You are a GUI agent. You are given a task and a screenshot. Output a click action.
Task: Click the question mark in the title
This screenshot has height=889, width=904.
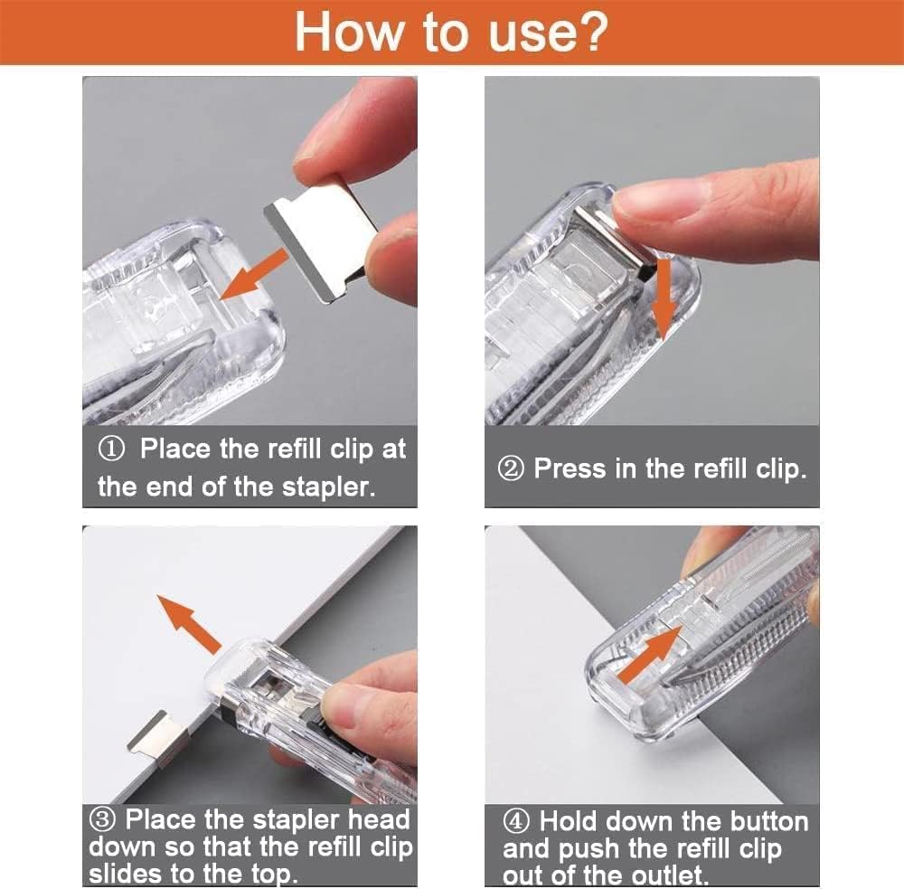pos(589,32)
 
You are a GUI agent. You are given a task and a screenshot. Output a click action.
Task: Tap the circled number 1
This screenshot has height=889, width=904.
pos(116,449)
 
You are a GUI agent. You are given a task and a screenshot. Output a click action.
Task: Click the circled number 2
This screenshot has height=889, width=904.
pos(511,469)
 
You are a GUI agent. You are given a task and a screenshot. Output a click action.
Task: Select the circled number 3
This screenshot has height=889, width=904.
pos(103,820)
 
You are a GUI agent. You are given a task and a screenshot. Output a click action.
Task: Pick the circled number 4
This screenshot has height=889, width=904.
pos(516,822)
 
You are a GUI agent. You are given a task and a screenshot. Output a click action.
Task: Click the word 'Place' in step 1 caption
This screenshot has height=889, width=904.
pos(175,449)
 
